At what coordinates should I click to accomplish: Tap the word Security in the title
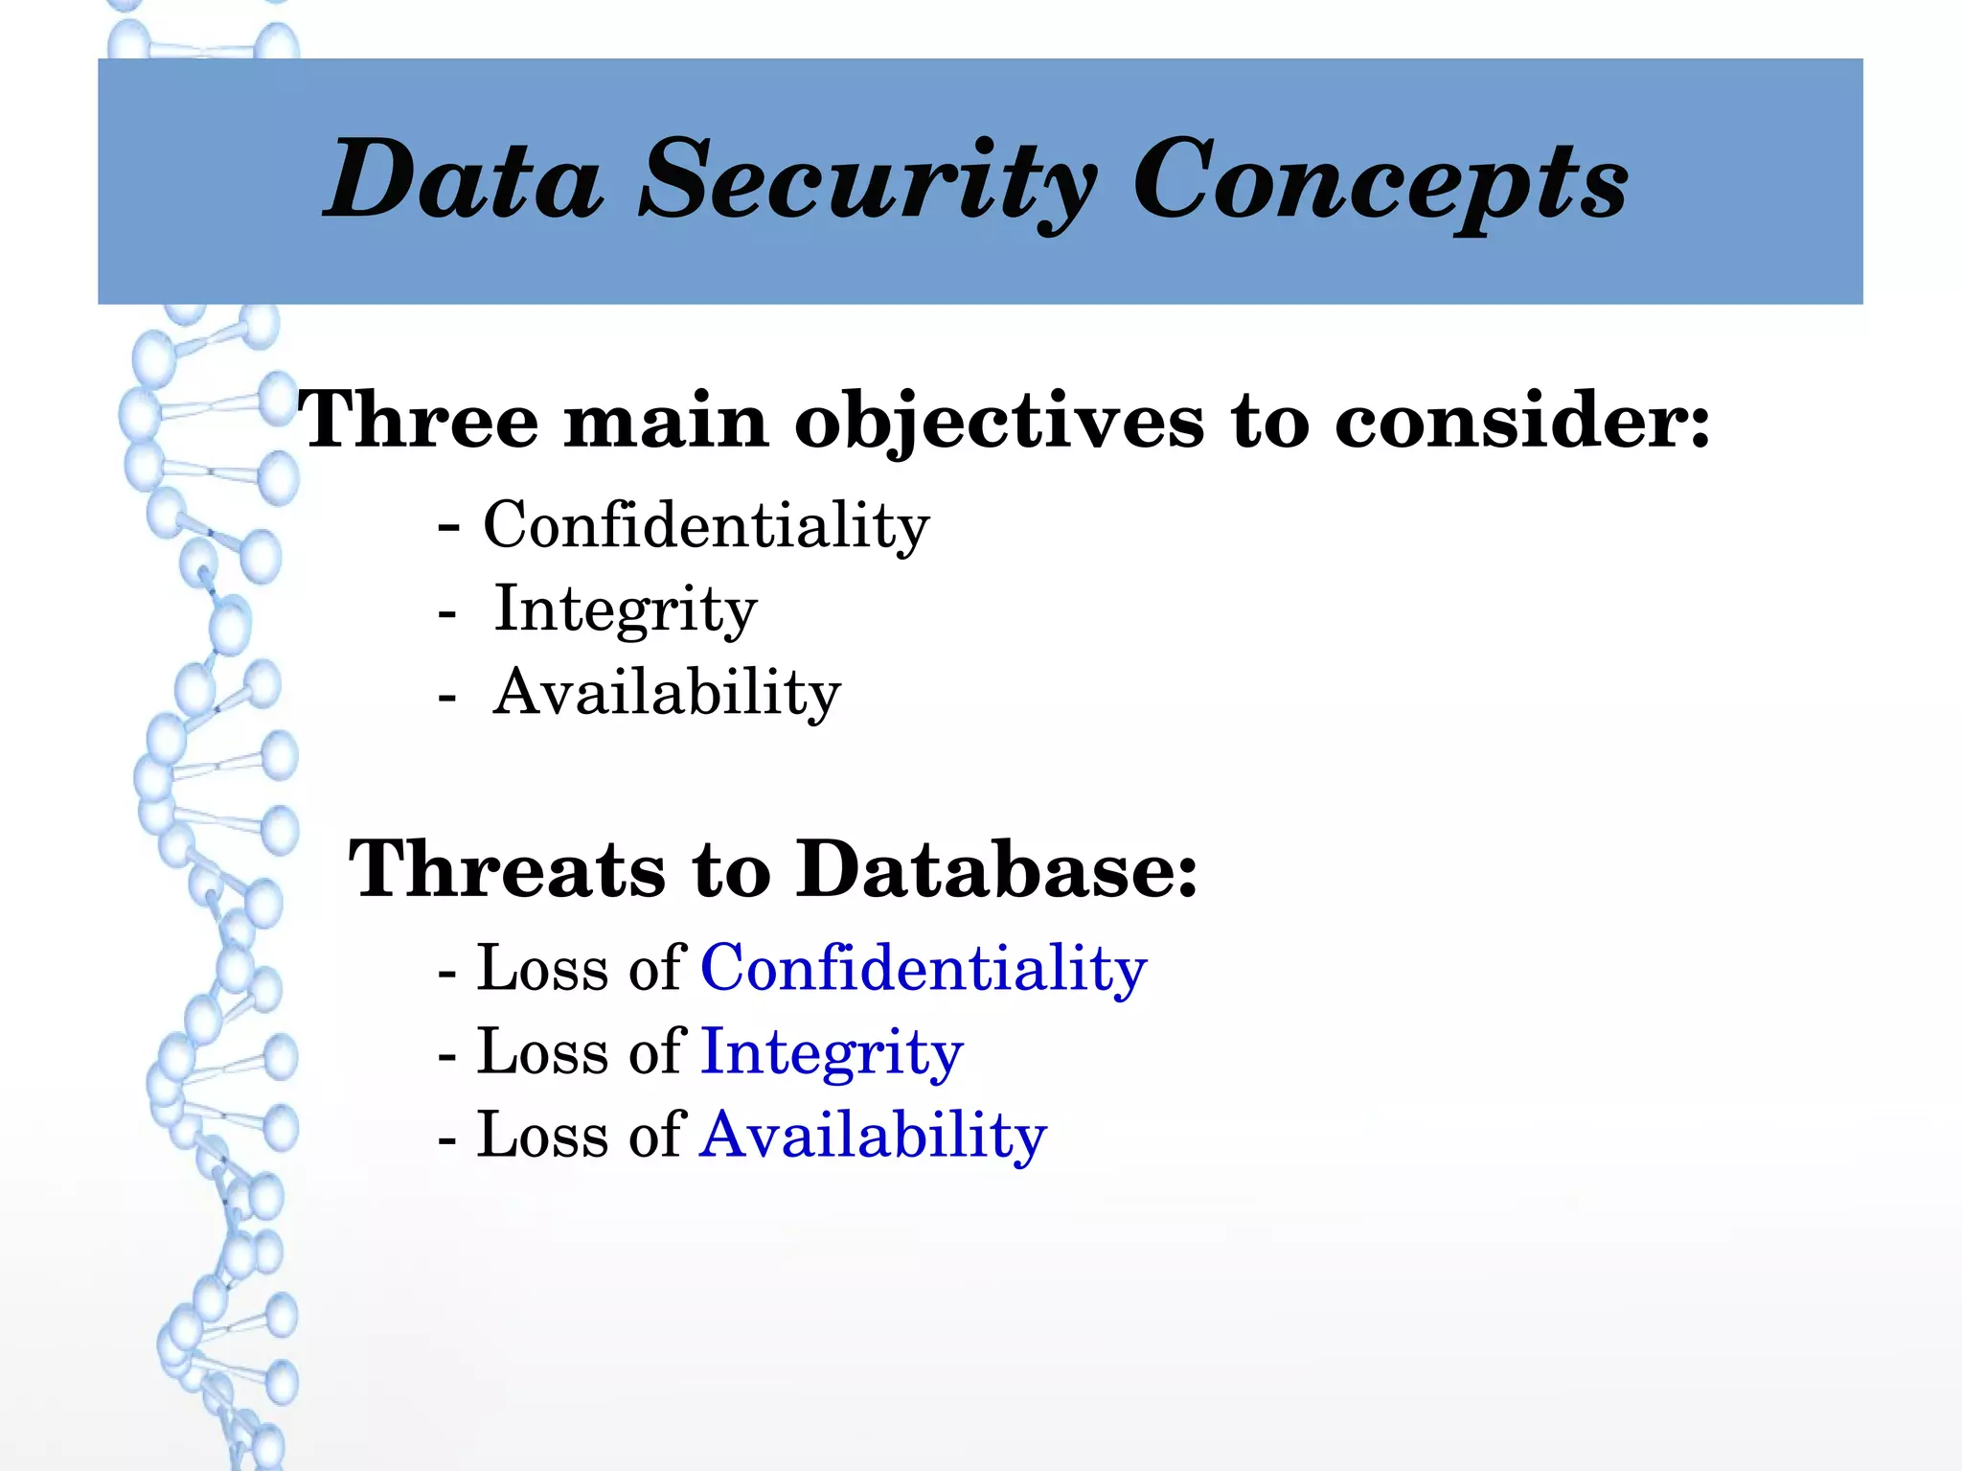(868, 182)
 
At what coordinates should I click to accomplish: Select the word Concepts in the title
(1380, 182)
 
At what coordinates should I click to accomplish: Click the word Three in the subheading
(419, 420)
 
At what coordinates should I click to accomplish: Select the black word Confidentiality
(706, 525)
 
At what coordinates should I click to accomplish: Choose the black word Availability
(667, 692)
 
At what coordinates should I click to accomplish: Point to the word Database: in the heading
(996, 868)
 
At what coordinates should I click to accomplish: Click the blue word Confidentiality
(924, 968)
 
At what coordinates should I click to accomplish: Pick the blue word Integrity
(832, 1052)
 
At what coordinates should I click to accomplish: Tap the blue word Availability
(873, 1136)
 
